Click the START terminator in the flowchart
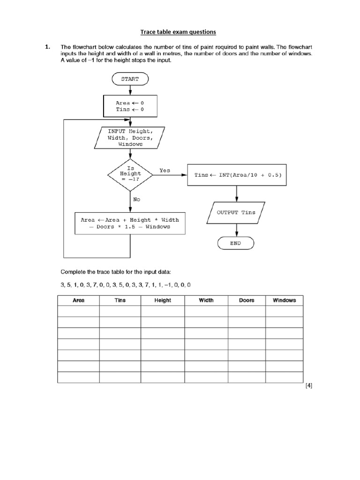(130, 79)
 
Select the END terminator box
(236, 243)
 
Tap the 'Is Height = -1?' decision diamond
(130, 174)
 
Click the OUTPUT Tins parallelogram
(236, 212)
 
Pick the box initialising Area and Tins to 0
(130, 106)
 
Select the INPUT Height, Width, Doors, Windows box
(130, 138)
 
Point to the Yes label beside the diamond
(165, 171)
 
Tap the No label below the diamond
(136, 199)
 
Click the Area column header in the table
(78, 300)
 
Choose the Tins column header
(120, 300)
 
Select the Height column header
(163, 300)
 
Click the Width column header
(206, 300)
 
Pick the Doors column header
(247, 300)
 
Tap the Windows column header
(284, 300)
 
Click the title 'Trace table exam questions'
(178, 32)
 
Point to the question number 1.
(47, 47)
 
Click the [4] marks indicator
(308, 386)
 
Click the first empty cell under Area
(78, 311)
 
